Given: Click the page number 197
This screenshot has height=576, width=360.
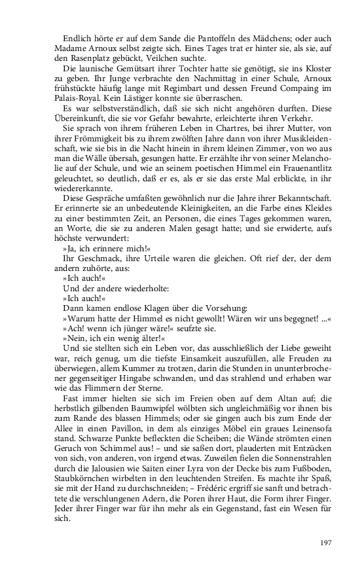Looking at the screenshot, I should (x=327, y=543).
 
